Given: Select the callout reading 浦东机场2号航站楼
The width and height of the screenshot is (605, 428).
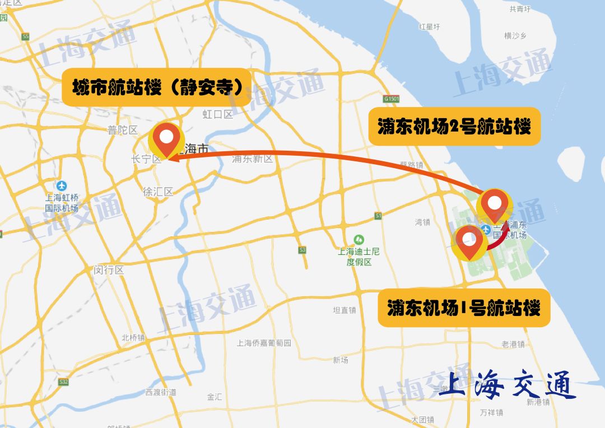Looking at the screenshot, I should point(453,127).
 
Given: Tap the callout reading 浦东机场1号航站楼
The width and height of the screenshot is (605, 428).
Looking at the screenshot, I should point(464,308).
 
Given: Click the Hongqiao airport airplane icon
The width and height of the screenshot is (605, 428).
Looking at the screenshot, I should point(62,186).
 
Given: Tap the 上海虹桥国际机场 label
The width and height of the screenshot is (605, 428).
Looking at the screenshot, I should point(62,202).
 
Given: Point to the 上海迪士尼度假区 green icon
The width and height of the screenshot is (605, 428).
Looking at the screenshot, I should point(359,239).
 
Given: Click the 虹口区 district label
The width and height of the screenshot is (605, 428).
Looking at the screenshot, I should point(217,115).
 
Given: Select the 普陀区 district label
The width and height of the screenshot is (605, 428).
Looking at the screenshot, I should point(123,130).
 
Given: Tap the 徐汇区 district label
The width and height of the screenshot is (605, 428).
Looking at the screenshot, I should point(158,192).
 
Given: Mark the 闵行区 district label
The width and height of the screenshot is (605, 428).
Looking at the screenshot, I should point(109,270).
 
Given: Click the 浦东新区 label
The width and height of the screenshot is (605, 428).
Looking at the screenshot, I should point(253,159).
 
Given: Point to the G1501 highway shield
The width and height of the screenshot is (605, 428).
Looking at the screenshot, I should point(392,99).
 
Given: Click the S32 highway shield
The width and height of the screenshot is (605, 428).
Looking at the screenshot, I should point(63,382).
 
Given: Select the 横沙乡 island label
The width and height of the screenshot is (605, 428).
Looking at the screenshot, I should point(515,36).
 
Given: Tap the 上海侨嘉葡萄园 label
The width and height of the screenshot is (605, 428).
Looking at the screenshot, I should point(264,343).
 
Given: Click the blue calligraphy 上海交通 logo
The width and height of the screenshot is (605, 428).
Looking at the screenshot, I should point(507,385).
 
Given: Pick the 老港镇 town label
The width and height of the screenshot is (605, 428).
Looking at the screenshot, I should point(513,344).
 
